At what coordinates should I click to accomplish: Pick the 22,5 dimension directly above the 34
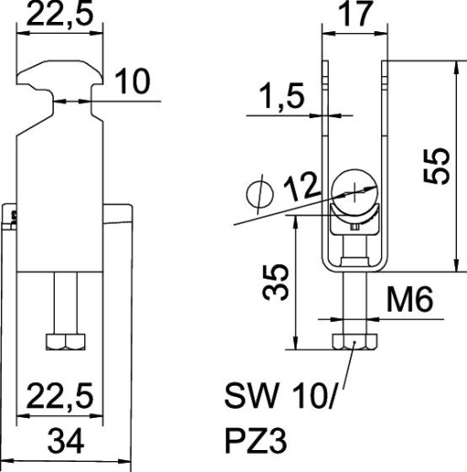60,399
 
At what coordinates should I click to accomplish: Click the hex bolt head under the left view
64,343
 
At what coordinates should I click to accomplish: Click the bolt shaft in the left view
64,303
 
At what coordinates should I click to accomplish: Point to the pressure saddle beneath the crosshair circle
353,219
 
